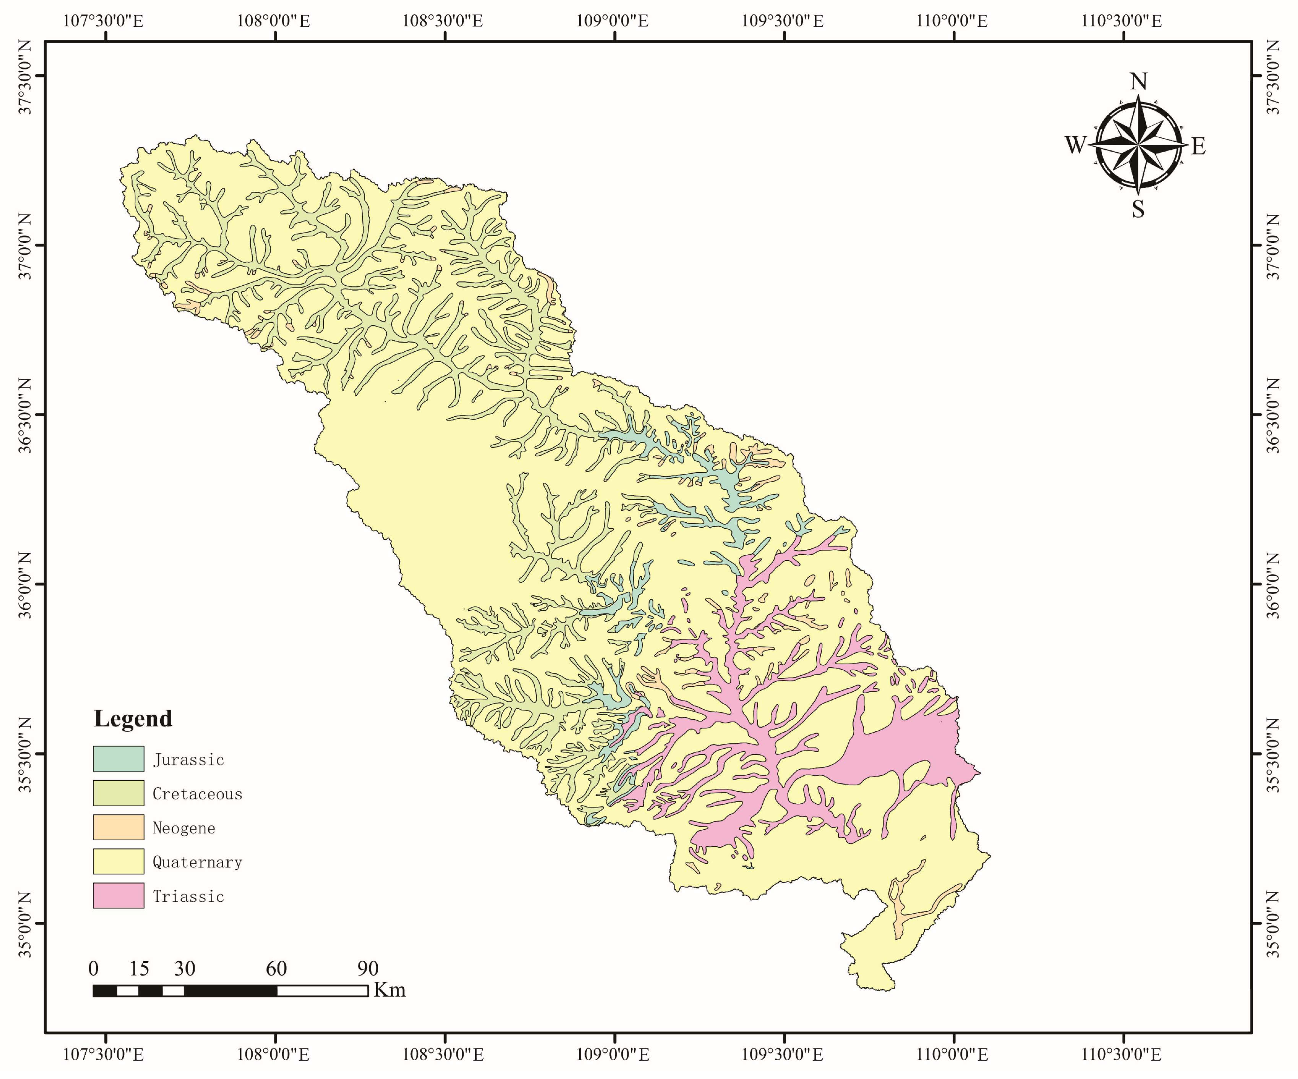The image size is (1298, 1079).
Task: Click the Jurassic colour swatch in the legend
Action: pos(118,759)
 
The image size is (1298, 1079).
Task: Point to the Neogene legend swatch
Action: pos(118,827)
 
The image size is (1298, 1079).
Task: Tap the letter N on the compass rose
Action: pos(1139,81)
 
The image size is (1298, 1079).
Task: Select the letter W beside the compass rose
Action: pos(1075,145)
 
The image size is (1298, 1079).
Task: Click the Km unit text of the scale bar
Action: pos(389,990)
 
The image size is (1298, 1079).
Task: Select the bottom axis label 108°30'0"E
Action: pos(443,1054)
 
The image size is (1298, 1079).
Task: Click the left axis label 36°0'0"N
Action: pos(25,584)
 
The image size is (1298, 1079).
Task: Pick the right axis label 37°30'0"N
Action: pos(1273,76)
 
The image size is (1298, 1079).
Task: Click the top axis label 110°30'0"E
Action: pos(1121,21)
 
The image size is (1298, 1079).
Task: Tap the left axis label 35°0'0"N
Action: pos(25,924)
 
